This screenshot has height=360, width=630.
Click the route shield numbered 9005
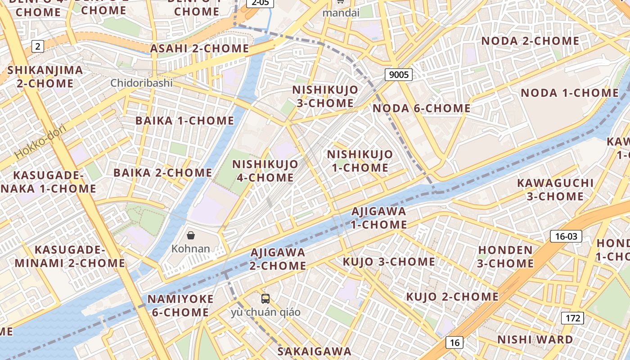(399, 75)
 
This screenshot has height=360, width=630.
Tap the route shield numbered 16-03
(566, 236)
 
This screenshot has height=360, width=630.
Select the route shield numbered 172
(572, 318)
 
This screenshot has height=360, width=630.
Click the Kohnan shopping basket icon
(191, 235)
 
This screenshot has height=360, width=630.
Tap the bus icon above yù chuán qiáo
(265, 298)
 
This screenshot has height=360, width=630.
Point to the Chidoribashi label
(141, 83)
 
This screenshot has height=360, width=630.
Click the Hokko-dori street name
(40, 141)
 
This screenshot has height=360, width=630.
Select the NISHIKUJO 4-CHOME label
(265, 171)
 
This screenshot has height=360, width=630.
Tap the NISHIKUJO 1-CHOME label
(360, 161)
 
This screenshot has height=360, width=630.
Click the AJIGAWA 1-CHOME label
(378, 217)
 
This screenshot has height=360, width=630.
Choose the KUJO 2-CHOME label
(452, 297)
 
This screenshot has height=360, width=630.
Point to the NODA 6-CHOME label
(421, 108)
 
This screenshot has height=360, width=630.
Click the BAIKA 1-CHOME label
(184, 121)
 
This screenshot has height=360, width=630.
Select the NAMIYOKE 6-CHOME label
(180, 306)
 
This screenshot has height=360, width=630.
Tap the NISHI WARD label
(535, 339)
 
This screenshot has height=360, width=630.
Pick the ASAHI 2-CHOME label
(199, 49)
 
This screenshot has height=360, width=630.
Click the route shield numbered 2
(38, 46)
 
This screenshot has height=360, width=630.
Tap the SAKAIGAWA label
(314, 351)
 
